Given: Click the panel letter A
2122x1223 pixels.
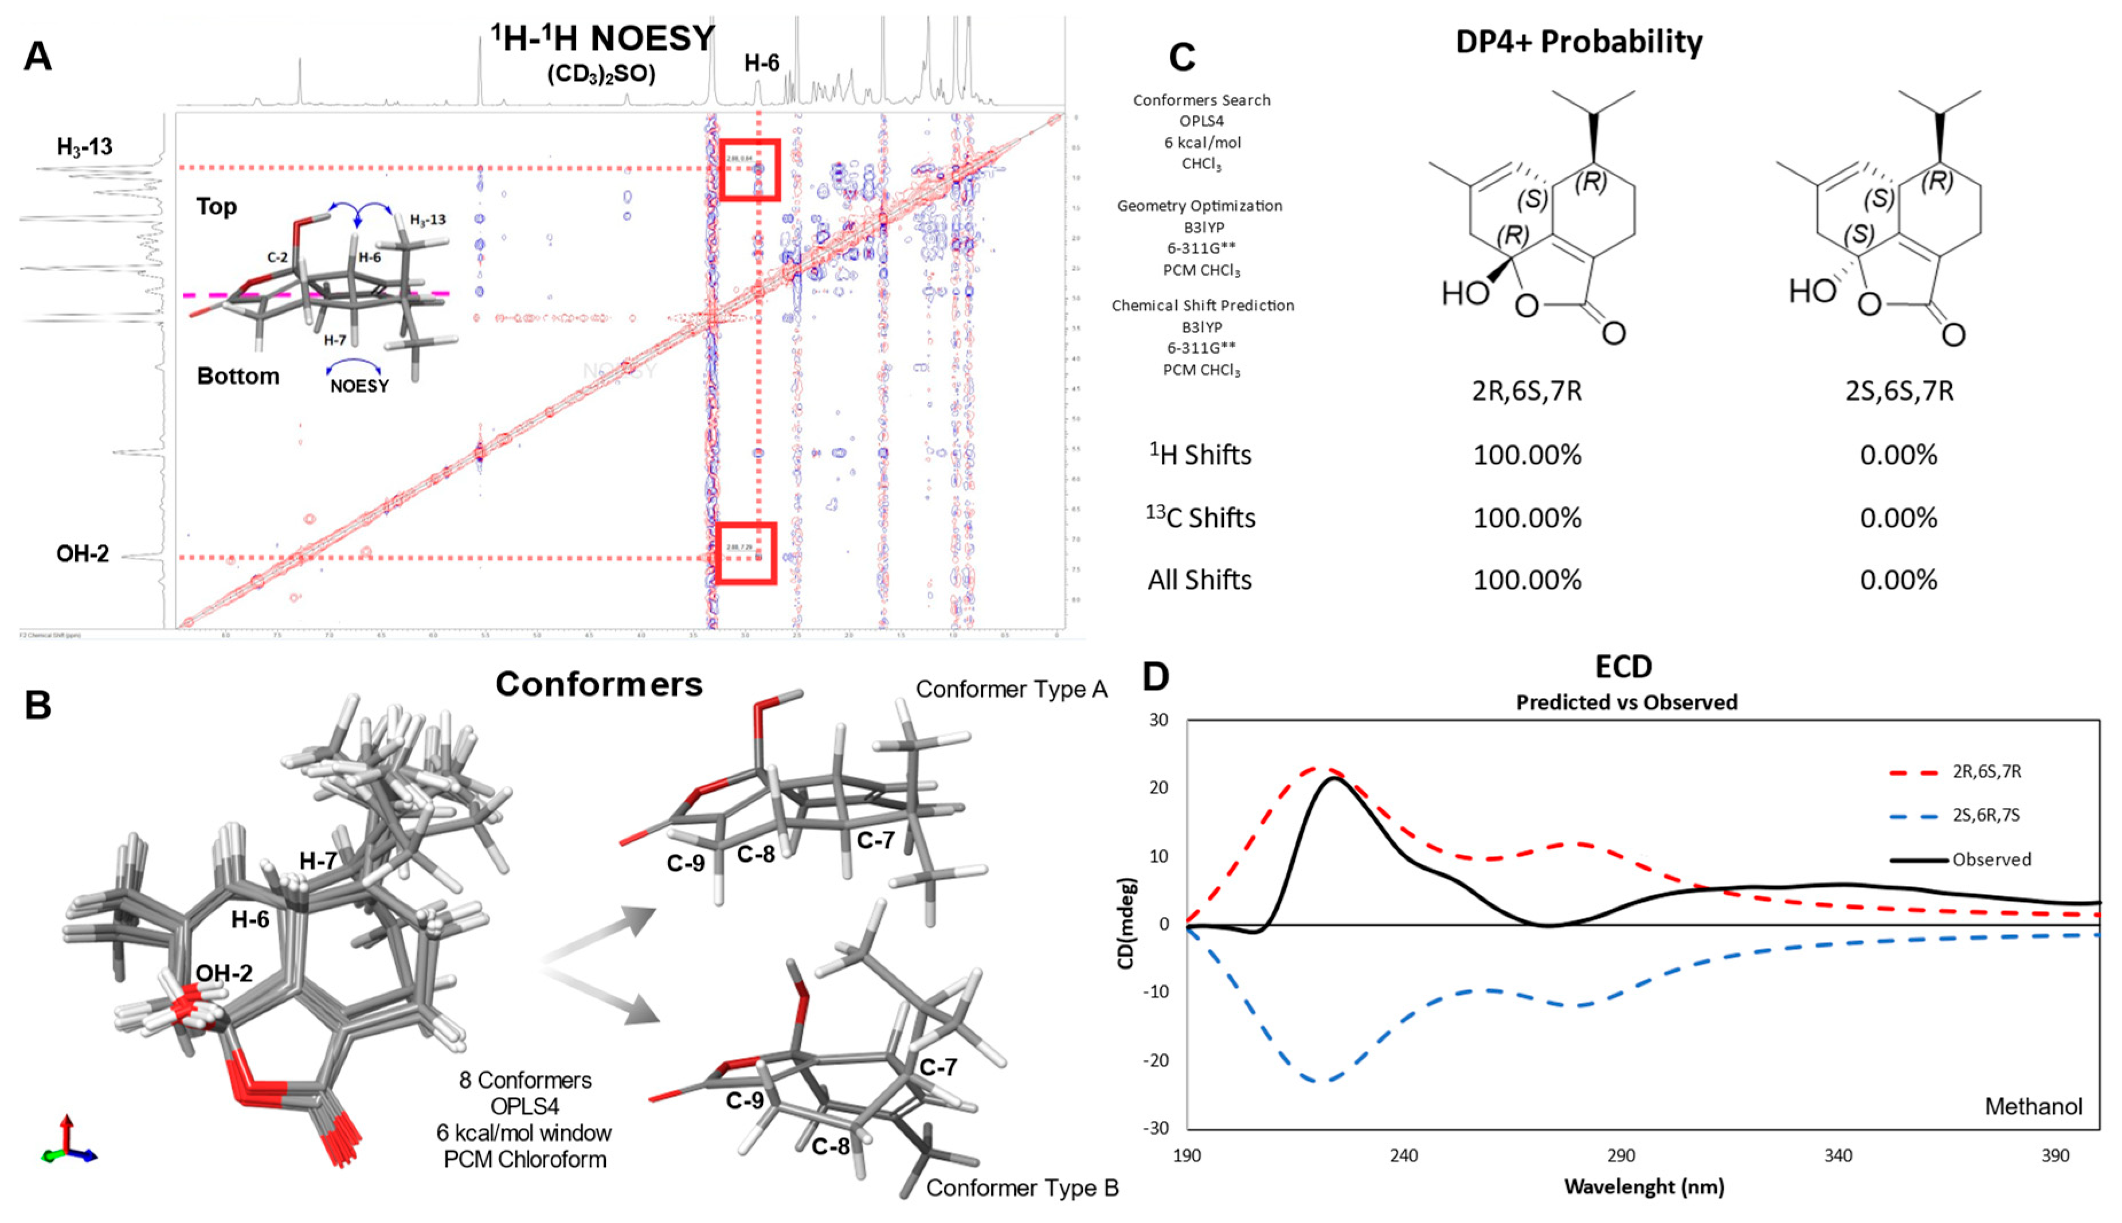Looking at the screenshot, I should pos(38,57).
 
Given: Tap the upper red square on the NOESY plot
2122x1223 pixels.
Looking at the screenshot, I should pos(749,170).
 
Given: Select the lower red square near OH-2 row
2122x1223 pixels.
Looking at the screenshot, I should pos(746,553).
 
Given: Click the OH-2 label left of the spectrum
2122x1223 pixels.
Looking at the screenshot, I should pos(83,554).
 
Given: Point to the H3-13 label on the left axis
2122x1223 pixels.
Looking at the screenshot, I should pos(84,147).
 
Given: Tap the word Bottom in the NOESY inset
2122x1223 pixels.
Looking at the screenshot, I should pos(238,376).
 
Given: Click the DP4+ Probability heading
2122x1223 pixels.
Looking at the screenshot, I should pos(1578,41).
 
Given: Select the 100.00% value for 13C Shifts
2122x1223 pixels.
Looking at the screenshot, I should pos(1526,517).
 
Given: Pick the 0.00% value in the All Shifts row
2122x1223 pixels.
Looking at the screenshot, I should pos(1898,580).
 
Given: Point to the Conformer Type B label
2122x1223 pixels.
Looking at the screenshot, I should pos(1022,1187).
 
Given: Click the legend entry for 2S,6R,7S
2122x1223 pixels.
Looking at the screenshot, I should pos(1985,815).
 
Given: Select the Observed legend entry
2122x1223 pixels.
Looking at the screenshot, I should pos(1990,860).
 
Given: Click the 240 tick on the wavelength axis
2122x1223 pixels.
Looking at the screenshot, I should pos(1403,1156).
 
